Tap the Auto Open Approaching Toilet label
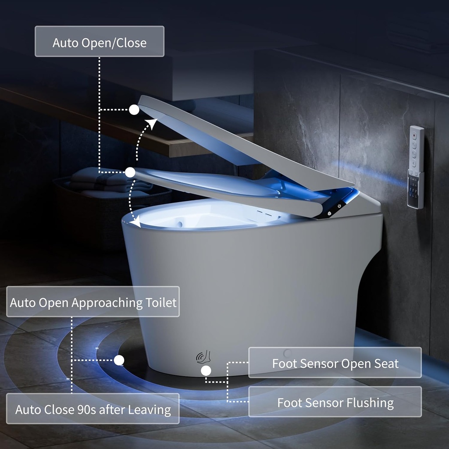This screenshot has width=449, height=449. tap(93, 302)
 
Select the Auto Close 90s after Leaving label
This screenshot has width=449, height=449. tap(93, 409)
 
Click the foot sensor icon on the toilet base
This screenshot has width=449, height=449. tap(203, 357)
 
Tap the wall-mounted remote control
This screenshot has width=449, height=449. tap(416, 167)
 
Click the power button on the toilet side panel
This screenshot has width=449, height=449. tap(339, 206)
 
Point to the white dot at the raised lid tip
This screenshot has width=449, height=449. tap(134, 110)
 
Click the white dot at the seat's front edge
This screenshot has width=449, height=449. tap(130, 172)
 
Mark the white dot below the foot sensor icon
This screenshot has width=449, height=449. tap(206, 371)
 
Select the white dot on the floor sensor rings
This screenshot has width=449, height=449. tap(119, 360)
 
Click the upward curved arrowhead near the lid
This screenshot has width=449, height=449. tap(152, 124)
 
